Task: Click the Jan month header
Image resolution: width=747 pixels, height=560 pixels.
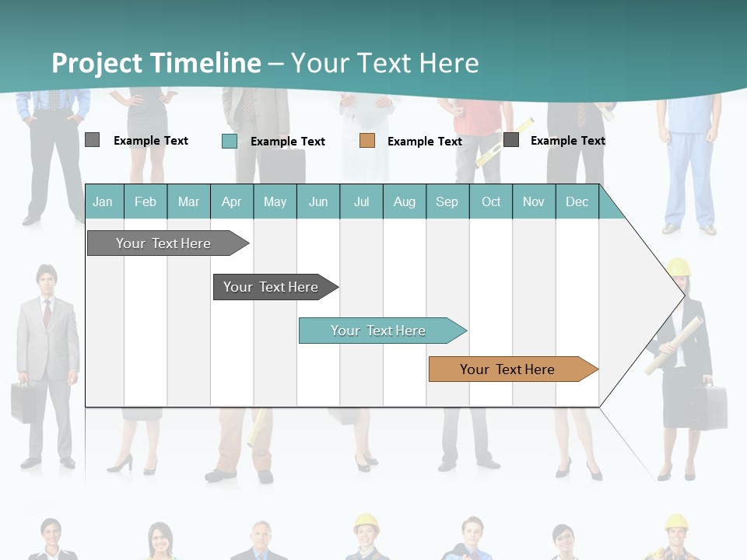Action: click(103, 201)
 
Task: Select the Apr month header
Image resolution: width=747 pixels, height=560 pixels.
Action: click(232, 201)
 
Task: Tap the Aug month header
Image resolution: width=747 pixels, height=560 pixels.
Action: click(405, 201)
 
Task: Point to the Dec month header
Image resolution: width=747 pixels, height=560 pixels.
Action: click(577, 201)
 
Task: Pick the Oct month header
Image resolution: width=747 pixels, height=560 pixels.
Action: click(491, 201)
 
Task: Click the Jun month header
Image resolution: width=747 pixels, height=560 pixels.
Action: click(318, 201)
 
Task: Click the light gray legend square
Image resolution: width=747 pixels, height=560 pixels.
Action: click(93, 140)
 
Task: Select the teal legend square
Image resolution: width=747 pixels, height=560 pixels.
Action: click(230, 141)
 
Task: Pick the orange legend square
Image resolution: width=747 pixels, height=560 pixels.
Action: click(367, 141)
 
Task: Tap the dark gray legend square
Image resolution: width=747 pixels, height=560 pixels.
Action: click(511, 140)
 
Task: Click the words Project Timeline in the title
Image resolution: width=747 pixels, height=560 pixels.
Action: click(156, 62)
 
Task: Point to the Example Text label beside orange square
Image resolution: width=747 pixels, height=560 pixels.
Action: click(425, 142)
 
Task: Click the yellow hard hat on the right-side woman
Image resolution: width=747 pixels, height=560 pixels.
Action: click(679, 267)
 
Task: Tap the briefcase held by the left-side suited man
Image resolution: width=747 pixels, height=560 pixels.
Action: click(23, 402)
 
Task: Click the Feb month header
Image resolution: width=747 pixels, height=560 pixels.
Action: click(146, 201)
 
